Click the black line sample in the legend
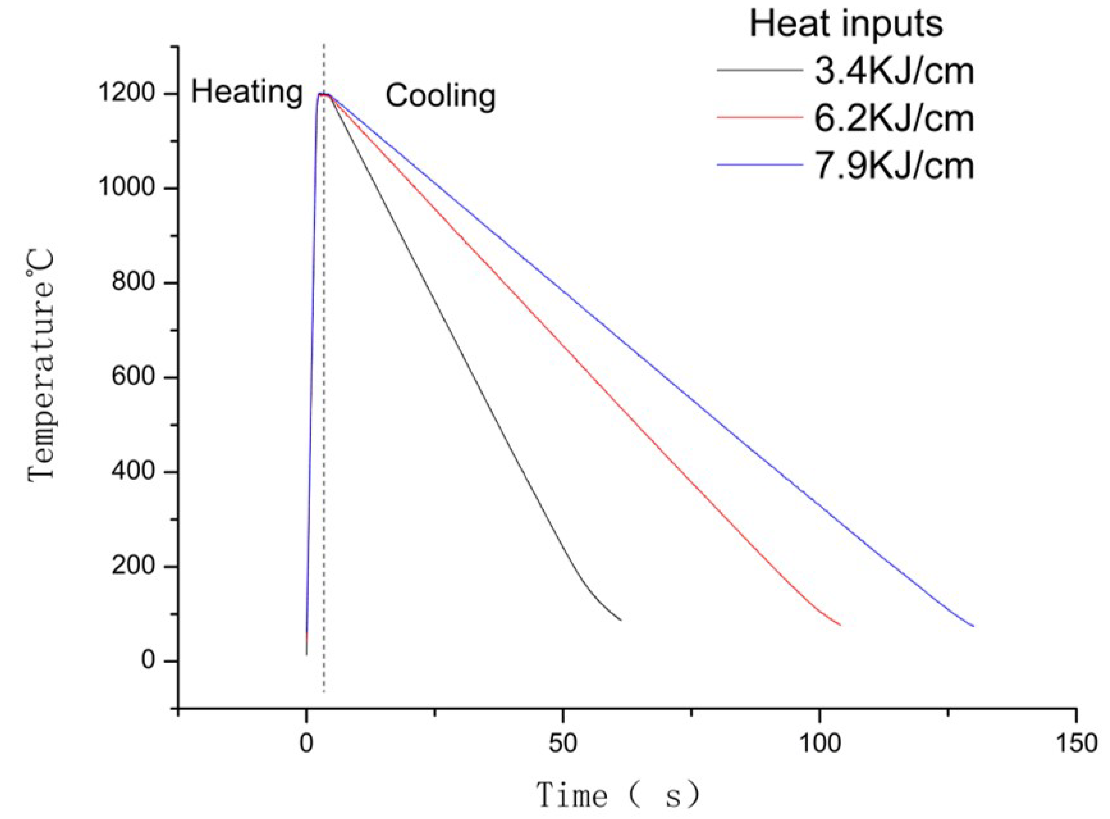point(759,70)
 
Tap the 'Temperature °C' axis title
point(41,368)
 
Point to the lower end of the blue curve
point(973,626)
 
